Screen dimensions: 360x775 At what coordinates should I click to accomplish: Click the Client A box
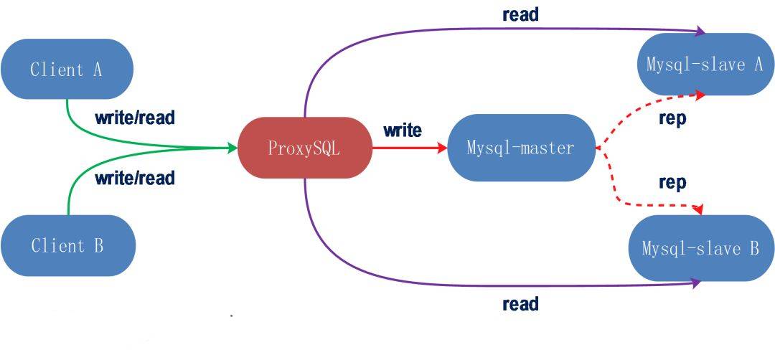click(x=67, y=70)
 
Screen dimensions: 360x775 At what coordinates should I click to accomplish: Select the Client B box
click(x=67, y=246)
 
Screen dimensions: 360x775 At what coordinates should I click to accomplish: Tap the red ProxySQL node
click(x=304, y=148)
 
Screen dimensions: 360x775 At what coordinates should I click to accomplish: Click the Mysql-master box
click(x=521, y=148)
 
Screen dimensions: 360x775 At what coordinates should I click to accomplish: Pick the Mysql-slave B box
click(x=701, y=249)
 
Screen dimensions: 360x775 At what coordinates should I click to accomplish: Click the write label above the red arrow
click(x=403, y=131)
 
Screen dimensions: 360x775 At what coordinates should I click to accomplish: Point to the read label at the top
click(x=520, y=14)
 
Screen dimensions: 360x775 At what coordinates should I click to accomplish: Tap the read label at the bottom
click(x=520, y=304)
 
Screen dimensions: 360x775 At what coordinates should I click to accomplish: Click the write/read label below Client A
click(x=134, y=117)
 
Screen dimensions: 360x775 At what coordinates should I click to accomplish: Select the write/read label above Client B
click(x=134, y=178)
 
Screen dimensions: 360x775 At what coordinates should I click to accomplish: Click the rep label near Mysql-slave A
click(x=672, y=118)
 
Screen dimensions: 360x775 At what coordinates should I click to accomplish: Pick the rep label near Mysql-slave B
click(x=672, y=182)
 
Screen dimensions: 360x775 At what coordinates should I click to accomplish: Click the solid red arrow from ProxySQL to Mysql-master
click(x=409, y=148)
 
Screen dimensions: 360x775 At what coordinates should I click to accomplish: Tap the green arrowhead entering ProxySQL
click(x=232, y=148)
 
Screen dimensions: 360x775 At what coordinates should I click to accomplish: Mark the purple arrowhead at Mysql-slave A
click(x=700, y=32)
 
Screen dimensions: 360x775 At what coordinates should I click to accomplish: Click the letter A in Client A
click(x=97, y=70)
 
